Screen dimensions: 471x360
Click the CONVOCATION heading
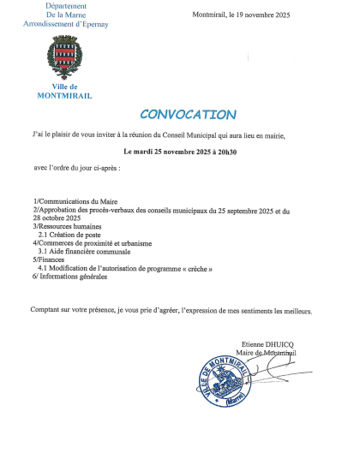[187, 115]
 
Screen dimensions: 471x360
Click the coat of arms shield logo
[64, 61]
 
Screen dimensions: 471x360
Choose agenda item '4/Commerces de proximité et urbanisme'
[92, 242]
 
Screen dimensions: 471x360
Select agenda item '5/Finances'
[48, 259]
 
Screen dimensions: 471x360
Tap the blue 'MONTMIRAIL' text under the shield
[64, 95]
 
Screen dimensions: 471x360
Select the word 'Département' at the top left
[64, 6]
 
